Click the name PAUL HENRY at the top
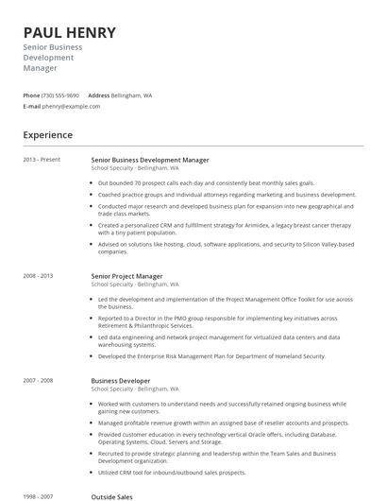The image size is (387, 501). pos(70,32)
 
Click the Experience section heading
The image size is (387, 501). pos(48,135)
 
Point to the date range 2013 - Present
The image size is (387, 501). pos(42,160)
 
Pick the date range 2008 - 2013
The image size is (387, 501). pos(39,276)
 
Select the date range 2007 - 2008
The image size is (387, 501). pos(39,380)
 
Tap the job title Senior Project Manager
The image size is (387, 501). pos(126,276)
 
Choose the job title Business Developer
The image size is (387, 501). pos(120,380)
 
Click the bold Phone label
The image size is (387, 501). pos(31,95)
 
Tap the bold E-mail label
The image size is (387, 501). pos(32,106)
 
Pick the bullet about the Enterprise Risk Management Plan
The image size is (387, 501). pos(211,356)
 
